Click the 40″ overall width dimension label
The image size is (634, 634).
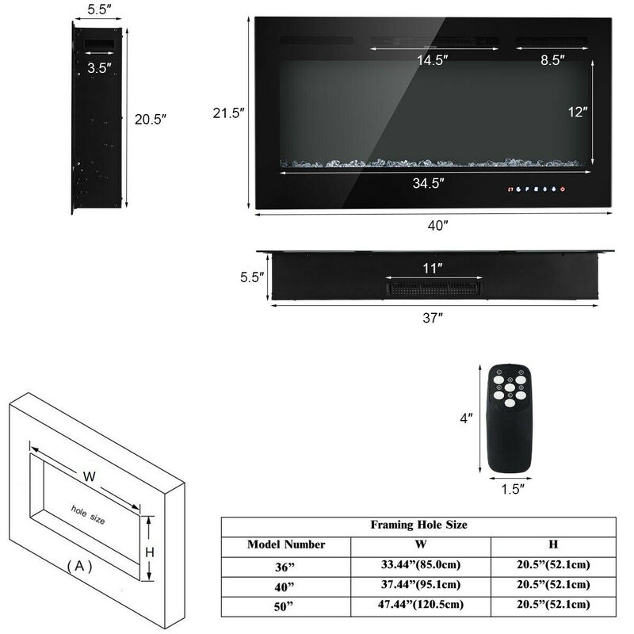click(x=438, y=225)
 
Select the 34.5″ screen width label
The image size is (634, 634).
click(x=427, y=183)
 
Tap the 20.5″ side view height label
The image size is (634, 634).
click(x=151, y=119)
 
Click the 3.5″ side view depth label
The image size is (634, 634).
click(x=100, y=67)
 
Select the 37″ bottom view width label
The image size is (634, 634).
click(x=433, y=318)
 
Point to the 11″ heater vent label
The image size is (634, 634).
click(x=433, y=269)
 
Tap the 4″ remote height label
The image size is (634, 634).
click(x=468, y=418)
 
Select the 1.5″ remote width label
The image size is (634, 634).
click(x=513, y=490)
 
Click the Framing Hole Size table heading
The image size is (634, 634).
click(x=418, y=525)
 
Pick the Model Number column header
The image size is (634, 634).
click(x=286, y=544)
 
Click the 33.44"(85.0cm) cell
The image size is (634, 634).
click(x=420, y=565)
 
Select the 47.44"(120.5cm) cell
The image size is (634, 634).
click(x=420, y=604)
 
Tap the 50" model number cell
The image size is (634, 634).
click(x=286, y=605)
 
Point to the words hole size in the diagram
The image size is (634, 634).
click(x=88, y=513)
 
